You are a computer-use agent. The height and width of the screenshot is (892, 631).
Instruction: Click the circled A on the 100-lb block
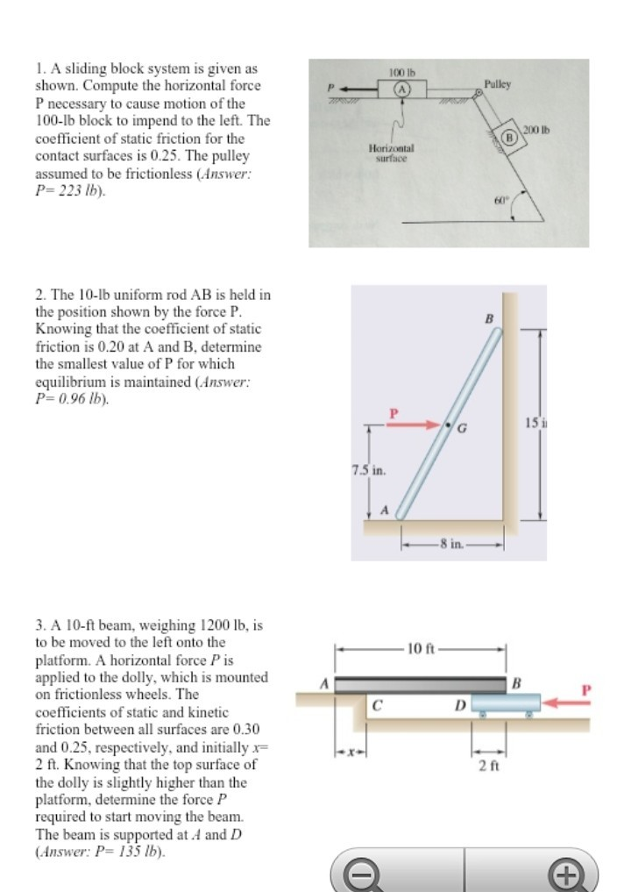pyautogui.click(x=402, y=89)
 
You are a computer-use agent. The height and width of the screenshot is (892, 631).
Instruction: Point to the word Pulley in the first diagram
pyautogui.click(x=497, y=84)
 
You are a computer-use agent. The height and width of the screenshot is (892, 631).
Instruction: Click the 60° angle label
pyautogui.click(x=500, y=200)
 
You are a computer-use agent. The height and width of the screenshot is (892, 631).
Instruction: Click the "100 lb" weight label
pyautogui.click(x=400, y=70)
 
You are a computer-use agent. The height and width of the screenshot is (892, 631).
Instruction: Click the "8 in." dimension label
pyautogui.click(x=452, y=544)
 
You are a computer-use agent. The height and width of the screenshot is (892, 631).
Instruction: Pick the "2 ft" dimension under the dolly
pyautogui.click(x=489, y=765)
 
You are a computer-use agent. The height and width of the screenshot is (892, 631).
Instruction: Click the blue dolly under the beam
pyautogui.click(x=506, y=703)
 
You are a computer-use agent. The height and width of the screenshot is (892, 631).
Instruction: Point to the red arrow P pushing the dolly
pyautogui.click(x=567, y=702)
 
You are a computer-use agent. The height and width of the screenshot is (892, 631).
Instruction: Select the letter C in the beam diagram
pyautogui.click(x=378, y=703)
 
